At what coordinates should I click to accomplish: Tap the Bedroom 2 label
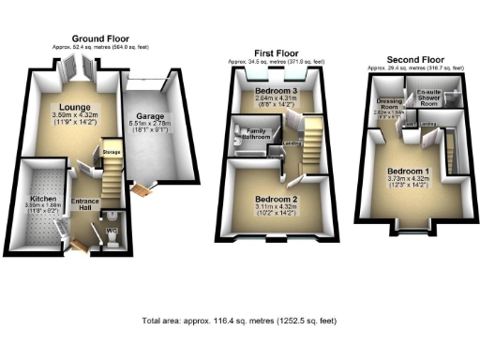point(276,199)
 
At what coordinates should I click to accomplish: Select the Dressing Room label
point(389,103)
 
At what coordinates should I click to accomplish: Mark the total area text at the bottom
point(240,322)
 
